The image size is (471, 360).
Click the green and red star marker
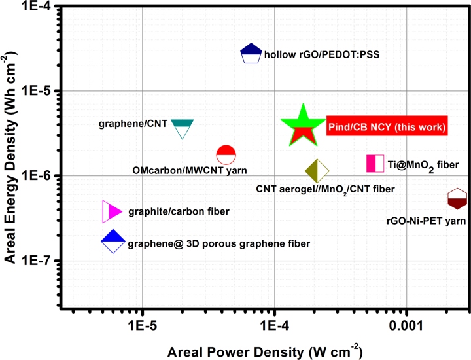pyautogui.click(x=302, y=125)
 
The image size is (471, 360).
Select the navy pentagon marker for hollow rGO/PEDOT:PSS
pyautogui.click(x=251, y=54)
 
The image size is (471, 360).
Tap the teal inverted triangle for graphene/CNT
pyautogui.click(x=183, y=128)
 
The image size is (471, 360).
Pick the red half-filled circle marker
pyautogui.click(x=226, y=155)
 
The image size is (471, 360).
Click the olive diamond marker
pyautogui.click(x=317, y=171)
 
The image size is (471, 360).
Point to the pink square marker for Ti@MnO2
pyautogui.click(x=375, y=164)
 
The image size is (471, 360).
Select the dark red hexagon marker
pyautogui.click(x=457, y=198)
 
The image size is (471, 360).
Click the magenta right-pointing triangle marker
pyautogui.click(x=112, y=211)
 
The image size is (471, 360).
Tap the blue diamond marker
pyautogui.click(x=113, y=242)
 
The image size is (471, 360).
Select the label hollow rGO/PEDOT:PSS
pyautogui.click(x=321, y=55)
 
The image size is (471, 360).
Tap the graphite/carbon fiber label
pyautogui.click(x=179, y=211)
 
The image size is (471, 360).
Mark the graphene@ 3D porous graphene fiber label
pyautogui.click(x=218, y=243)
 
